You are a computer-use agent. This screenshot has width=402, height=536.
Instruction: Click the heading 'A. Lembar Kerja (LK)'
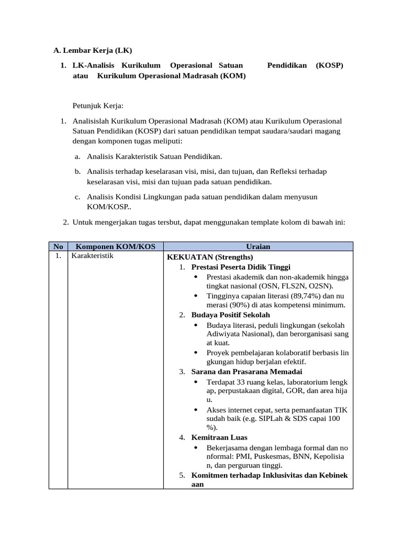pyautogui.click(x=93, y=51)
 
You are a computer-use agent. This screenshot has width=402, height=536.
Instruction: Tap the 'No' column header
pyautogui.click(x=58, y=247)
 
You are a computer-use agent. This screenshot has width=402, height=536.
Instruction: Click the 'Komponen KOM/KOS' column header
pyautogui.click(x=113, y=247)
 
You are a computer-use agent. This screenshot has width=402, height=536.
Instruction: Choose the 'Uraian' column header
pyautogui.click(x=258, y=247)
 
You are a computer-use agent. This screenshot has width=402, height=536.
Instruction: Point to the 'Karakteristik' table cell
pyautogui.click(x=92, y=256)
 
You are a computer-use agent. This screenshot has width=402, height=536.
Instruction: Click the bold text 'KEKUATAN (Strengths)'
pyautogui.click(x=209, y=257)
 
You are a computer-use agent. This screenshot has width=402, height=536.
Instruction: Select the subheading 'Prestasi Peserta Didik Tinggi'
pyautogui.click(x=241, y=267)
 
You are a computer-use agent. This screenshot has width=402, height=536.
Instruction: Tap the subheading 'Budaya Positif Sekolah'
pyautogui.click(x=231, y=315)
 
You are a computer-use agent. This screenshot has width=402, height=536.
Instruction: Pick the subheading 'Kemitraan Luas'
pyautogui.click(x=219, y=437)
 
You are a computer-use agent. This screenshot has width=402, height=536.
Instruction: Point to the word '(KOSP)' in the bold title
pyautogui.click(x=330, y=65)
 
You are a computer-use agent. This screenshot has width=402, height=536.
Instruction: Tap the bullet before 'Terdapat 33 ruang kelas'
pyautogui.click(x=196, y=382)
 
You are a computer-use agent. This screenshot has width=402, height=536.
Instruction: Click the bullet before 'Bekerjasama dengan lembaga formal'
pyautogui.click(x=196, y=448)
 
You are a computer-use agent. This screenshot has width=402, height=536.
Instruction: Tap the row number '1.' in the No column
pyautogui.click(x=58, y=256)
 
